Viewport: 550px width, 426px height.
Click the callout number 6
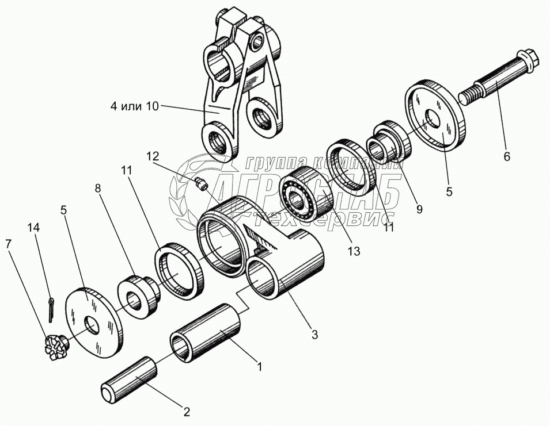coord(507,156)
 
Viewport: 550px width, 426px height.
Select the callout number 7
coord(8,244)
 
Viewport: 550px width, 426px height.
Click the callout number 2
coord(186,412)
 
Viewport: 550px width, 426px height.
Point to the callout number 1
coord(260,367)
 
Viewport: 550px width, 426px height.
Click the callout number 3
coord(314,334)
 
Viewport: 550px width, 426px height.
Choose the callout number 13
coord(354,251)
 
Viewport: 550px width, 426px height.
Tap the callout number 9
coord(419,209)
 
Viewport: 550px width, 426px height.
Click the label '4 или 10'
coord(135,106)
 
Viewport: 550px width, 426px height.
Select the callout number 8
coord(98,189)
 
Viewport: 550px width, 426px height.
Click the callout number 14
coord(34,228)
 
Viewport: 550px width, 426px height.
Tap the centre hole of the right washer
coord(432,118)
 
